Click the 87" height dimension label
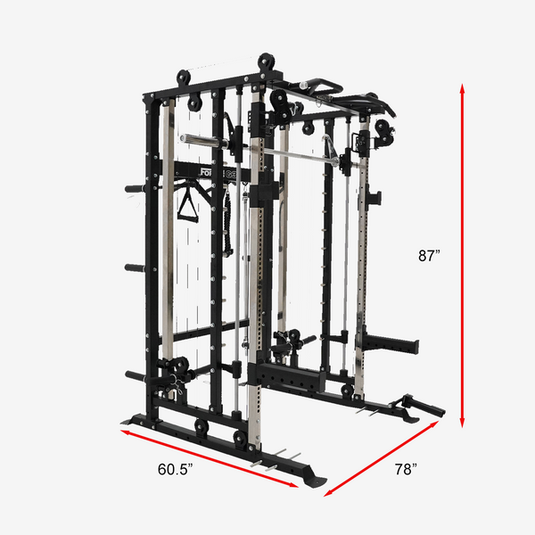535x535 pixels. (429, 255)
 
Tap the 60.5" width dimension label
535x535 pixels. (176, 469)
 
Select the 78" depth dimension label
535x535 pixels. (406, 469)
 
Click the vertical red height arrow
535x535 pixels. (462, 256)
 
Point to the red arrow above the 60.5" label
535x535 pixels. (210, 458)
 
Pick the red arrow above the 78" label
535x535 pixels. (381, 458)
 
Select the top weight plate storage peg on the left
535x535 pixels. (135, 189)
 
